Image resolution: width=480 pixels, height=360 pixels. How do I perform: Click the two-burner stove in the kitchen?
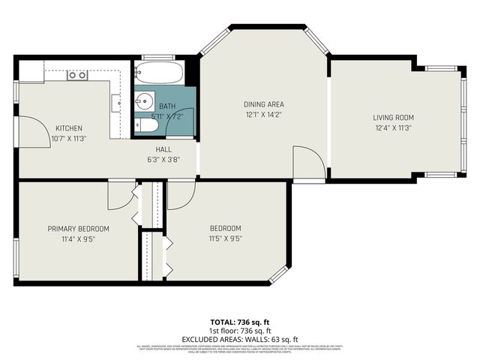click(x=76, y=74)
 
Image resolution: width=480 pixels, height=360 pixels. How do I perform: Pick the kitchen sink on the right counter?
click(x=115, y=101)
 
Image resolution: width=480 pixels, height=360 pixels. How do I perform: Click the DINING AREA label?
click(x=263, y=104)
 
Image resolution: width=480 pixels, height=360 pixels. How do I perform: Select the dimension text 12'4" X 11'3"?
click(x=393, y=127)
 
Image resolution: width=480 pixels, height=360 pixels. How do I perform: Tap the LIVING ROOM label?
click(x=394, y=118)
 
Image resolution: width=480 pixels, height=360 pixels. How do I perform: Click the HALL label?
click(x=164, y=149)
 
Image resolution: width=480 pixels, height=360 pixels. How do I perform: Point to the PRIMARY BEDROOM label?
click(x=79, y=229)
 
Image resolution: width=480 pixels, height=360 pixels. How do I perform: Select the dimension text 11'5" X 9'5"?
click(x=225, y=238)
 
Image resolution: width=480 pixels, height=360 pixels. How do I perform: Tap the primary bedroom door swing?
click(x=118, y=196)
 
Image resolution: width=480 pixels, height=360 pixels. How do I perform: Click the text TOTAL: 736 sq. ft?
click(x=239, y=321)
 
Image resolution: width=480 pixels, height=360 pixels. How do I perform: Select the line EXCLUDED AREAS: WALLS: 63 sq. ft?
click(x=239, y=338)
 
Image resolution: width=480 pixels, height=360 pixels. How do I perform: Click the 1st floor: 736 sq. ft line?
click(x=239, y=330)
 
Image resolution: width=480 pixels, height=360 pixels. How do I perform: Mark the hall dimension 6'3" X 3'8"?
click(x=164, y=159)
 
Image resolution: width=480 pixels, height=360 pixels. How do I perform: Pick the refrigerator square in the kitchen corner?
click(x=31, y=71)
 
